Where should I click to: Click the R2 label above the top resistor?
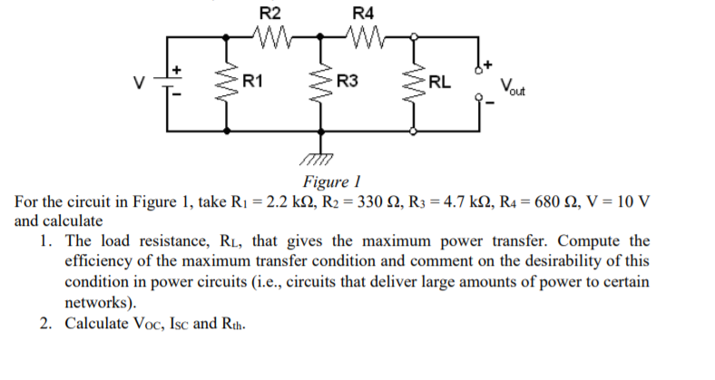point(270,13)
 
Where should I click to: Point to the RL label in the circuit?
point(439,83)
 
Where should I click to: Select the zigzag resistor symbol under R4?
point(363,38)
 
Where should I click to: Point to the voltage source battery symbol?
point(167,83)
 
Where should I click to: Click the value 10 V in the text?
point(633,200)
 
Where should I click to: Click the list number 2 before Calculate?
point(45,324)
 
